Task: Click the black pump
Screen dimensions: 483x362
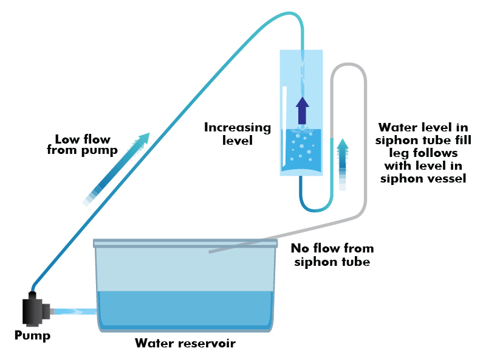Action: tap(35, 309)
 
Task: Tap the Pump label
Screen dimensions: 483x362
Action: tap(32, 335)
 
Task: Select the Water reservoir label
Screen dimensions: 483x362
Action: tap(185, 343)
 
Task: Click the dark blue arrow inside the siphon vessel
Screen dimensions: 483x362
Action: tap(302, 111)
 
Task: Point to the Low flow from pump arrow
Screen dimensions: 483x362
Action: tap(116, 169)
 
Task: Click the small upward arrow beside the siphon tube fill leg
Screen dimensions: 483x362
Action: tap(343, 164)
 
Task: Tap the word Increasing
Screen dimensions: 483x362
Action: tap(238, 128)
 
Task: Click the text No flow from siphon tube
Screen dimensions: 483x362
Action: tap(332, 255)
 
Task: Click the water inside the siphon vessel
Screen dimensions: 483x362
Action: tap(301, 150)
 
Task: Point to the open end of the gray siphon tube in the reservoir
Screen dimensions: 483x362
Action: tap(210, 252)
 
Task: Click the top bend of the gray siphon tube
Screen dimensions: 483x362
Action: tap(348, 64)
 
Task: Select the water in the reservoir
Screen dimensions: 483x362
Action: tap(185, 309)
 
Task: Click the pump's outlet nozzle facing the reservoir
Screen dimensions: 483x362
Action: tap(52, 312)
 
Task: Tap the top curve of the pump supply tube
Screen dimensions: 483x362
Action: tap(290, 13)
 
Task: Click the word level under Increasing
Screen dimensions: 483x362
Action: tap(238, 141)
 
